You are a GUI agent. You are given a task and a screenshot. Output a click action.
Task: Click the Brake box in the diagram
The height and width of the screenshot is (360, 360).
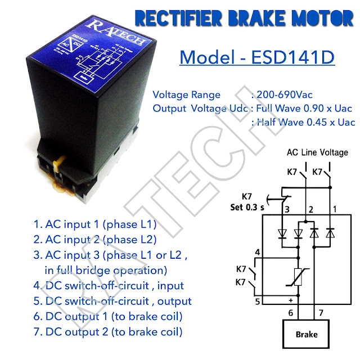tap(307, 334)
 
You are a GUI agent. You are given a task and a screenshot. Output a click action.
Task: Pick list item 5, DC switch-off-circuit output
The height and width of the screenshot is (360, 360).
tap(112, 301)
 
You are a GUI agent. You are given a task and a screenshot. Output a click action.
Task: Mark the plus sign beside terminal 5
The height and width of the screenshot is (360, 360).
tap(291, 300)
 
